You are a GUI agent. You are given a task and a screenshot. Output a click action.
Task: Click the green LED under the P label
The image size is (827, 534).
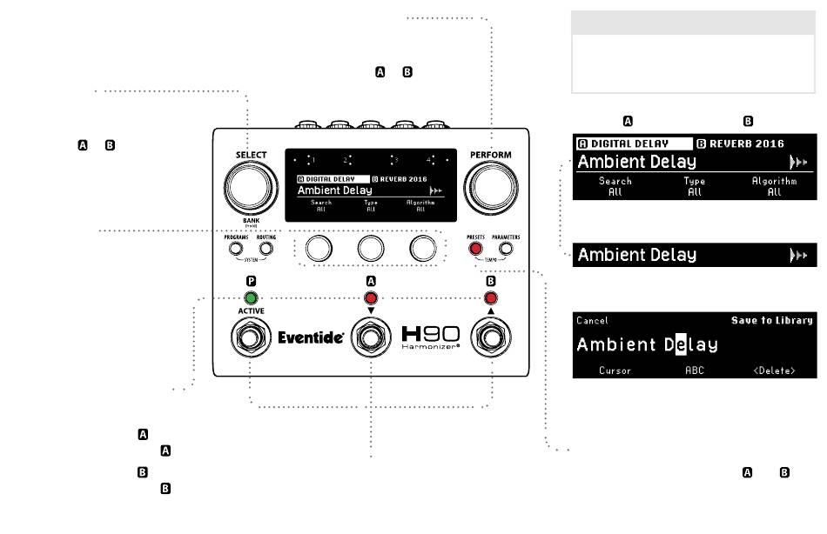point(251,297)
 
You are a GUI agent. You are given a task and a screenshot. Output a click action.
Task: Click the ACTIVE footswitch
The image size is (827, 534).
point(251,338)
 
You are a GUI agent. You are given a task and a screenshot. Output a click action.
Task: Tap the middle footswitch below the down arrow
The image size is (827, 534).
point(371,338)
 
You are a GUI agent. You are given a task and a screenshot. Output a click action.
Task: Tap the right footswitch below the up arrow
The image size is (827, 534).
point(491,338)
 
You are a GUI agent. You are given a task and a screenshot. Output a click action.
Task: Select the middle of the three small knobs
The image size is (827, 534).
point(371,249)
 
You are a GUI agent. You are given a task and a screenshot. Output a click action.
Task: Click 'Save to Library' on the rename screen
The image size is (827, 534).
point(771,321)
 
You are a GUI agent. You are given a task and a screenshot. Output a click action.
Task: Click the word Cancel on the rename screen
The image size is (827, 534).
point(592,321)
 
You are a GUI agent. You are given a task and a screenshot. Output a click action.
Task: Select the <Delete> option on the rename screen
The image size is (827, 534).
point(774,370)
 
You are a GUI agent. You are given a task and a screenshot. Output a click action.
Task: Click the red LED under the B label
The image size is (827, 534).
point(491,297)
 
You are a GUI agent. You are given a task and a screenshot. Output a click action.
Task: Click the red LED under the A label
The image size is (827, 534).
point(371,297)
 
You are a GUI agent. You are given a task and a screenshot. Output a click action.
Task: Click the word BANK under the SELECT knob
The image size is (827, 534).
point(250,221)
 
